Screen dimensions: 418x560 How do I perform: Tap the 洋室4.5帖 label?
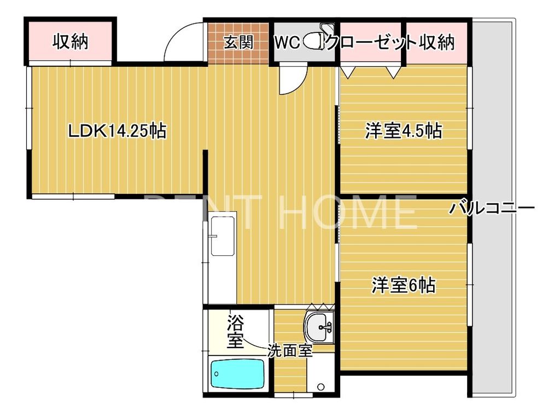[x=404, y=131]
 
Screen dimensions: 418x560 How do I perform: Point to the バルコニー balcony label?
[x=492, y=209]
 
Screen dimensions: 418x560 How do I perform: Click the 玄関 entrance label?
[x=238, y=43]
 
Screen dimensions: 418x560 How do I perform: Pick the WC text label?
[x=287, y=43]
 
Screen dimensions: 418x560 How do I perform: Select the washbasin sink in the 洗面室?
[x=319, y=328]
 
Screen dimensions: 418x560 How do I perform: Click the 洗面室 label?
[x=289, y=351]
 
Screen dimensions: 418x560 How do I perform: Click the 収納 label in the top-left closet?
[x=71, y=42]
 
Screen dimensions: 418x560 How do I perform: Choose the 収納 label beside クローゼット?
[x=437, y=42]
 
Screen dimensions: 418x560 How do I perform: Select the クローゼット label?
[x=372, y=42]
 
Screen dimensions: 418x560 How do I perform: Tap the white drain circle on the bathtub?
[x=217, y=375]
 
